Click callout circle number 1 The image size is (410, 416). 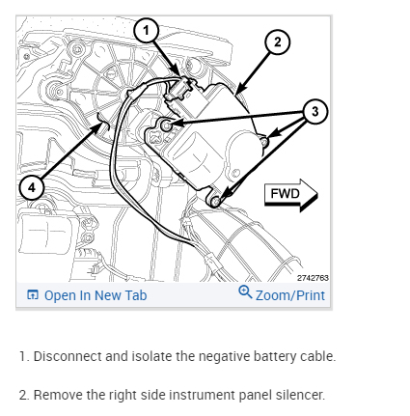tap(147, 30)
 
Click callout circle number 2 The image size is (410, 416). tap(277, 42)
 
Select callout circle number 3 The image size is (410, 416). tap(314, 112)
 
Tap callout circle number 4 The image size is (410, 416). tap(32, 187)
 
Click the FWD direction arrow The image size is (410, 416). tap(290, 195)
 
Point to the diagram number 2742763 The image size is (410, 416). tap(313, 278)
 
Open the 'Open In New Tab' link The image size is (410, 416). tap(96, 295)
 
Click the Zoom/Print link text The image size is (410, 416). tap(290, 295)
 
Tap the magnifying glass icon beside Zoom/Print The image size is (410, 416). tap(245, 291)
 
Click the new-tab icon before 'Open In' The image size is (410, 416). tap(33, 294)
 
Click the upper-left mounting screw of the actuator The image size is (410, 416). tap(166, 125)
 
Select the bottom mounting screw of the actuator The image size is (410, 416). tap(216, 202)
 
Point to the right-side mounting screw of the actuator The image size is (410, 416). tap(264, 142)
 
